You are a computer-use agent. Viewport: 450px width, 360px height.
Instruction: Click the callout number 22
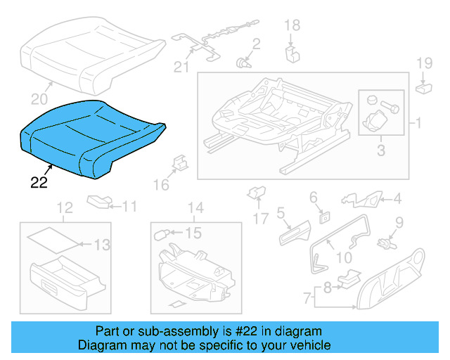[x=39, y=184]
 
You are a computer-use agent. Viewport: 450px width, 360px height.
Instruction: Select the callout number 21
[x=182, y=67]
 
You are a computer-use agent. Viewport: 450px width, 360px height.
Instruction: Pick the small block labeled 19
[x=424, y=88]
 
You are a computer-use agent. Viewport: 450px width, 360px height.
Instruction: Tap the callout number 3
[x=381, y=149]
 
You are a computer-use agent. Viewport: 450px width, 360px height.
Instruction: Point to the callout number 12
[x=64, y=207]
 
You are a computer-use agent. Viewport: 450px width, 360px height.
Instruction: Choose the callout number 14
[x=195, y=207]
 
